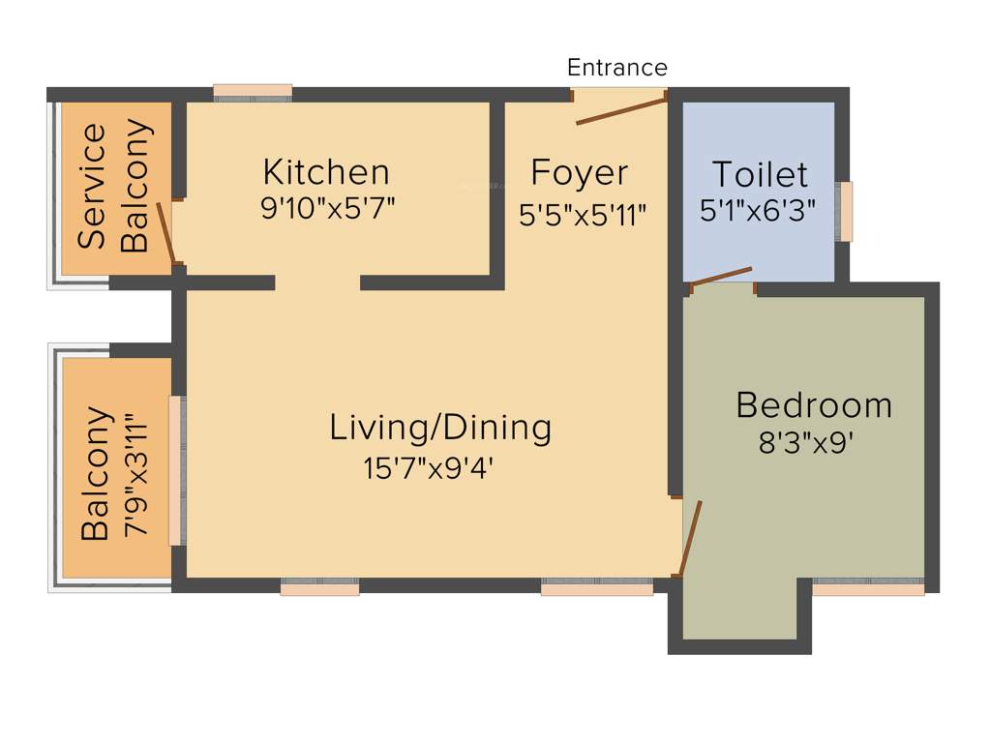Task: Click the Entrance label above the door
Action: click(616, 68)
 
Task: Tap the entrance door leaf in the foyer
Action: click(620, 109)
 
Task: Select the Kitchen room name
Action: click(326, 172)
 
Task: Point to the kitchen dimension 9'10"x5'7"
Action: click(328, 208)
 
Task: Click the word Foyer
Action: click(580, 173)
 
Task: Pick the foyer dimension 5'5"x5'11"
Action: click(583, 215)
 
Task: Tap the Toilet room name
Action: click(759, 174)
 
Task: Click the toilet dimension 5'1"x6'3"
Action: click(758, 210)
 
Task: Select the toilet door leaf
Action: click(721, 276)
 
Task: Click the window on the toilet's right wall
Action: click(846, 211)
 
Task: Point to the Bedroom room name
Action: click(813, 404)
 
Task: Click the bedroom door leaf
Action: click(690, 538)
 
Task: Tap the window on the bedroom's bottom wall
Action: click(868, 586)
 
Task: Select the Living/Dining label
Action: click(440, 427)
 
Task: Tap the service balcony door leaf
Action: click(166, 233)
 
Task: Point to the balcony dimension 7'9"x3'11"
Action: click(135, 476)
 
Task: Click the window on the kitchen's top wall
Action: click(253, 92)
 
